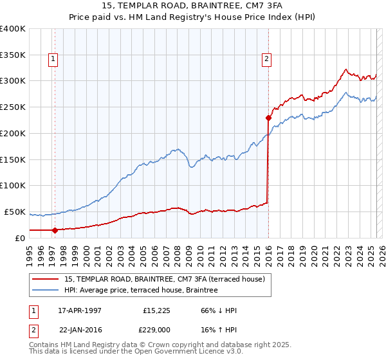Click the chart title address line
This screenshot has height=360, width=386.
coord(192,5)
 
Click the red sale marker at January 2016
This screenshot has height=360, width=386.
coord(268,118)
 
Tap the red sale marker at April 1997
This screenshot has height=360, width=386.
coord(55,230)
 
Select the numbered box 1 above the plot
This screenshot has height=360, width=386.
coord(52,59)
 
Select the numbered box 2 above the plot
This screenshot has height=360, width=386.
coord(266,59)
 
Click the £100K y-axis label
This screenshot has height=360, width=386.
coord(13,185)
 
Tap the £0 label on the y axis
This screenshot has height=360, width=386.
coord(21,238)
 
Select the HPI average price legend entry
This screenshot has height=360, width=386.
coord(141,291)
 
